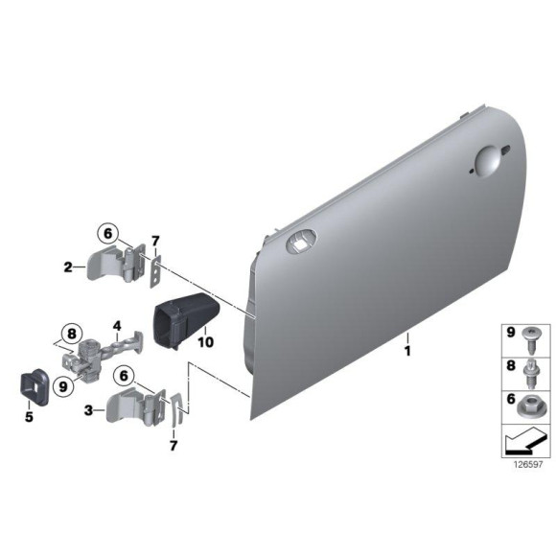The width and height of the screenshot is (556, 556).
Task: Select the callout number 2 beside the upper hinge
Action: point(68,266)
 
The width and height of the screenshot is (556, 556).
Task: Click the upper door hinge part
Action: point(119,261)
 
